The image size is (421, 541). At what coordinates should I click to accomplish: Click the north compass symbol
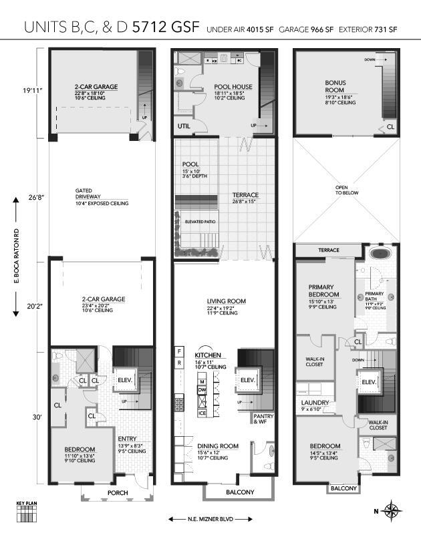tap(392, 512)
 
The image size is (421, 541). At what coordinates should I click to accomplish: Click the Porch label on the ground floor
tap(117, 493)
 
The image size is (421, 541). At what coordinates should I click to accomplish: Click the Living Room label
tap(226, 301)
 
